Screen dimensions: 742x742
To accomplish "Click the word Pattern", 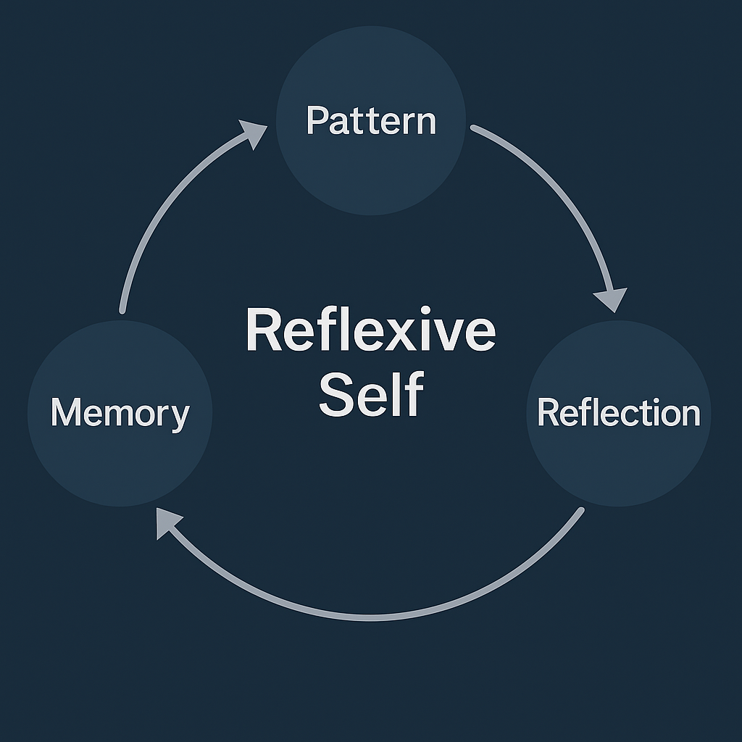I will (371, 120).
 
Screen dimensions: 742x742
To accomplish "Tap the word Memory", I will (120, 413).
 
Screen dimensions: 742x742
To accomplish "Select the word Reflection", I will (619, 413).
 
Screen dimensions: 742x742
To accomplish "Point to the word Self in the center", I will (371, 395).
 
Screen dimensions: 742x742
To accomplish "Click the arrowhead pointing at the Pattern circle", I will (254, 134).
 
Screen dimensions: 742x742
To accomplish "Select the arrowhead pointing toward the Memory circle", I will (167, 520).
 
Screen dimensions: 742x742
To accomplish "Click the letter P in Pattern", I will (315, 120).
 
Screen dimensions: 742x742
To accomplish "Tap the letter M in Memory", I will (63, 413).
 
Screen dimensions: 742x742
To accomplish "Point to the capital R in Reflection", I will (546, 413).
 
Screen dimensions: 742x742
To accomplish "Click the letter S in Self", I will (335, 395).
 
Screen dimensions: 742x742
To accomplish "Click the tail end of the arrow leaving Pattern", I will (474, 128).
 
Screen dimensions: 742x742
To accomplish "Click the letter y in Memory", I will (180, 417).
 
